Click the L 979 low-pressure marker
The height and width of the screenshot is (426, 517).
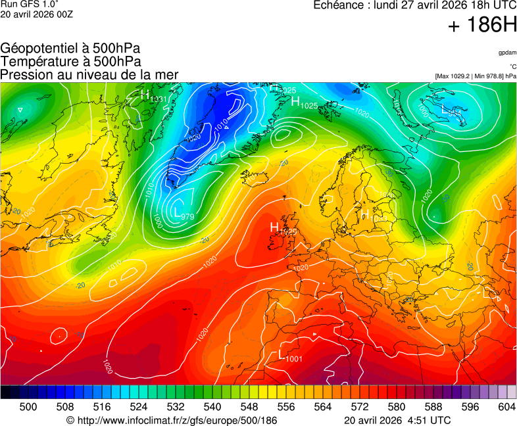(183, 213)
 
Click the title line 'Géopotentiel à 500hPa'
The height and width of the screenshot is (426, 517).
(70, 49)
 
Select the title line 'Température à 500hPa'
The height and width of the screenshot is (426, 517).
(70, 61)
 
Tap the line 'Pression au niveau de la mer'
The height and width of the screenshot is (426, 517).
(89, 74)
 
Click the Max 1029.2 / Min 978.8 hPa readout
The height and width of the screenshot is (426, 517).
(476, 76)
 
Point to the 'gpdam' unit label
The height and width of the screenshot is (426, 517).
(506, 52)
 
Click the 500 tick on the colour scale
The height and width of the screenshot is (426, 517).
(28, 407)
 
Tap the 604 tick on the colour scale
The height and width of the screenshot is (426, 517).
(506, 407)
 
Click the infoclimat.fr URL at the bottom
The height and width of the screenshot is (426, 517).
(172, 420)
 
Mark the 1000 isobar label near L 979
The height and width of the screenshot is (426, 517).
(157, 220)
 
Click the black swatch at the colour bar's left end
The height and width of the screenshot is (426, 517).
(5, 392)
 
